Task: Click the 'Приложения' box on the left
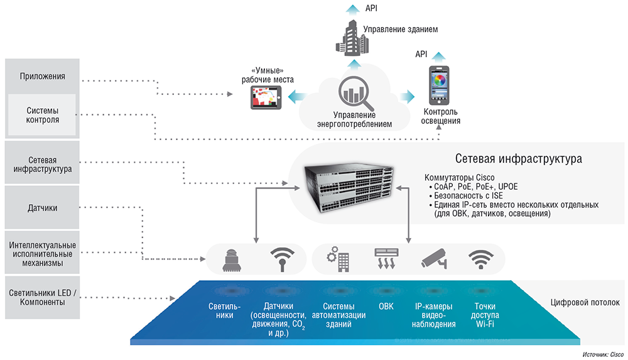[42, 77]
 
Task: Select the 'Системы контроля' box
[42, 115]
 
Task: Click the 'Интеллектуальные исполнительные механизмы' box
[42, 253]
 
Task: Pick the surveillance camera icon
[433, 259]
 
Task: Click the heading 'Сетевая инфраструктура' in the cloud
[518, 159]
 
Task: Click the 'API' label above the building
[371, 8]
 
